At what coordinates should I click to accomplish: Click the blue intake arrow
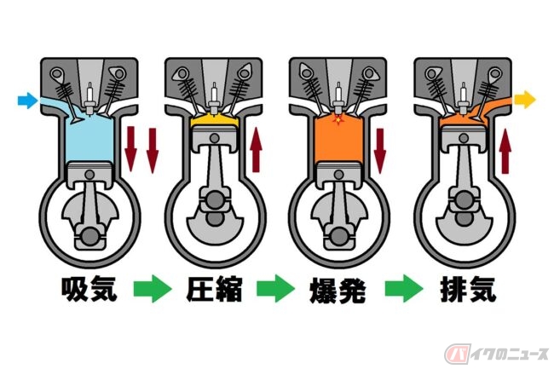pyautogui.click(x=27, y=101)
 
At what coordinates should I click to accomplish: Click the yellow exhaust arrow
pyautogui.click(x=525, y=99)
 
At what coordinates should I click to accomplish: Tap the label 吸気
pyautogui.click(x=89, y=289)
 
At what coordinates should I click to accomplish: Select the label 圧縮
pyautogui.click(x=215, y=289)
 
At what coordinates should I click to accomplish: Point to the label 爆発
pyautogui.click(x=338, y=291)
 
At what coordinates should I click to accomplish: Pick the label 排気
pyautogui.click(x=468, y=289)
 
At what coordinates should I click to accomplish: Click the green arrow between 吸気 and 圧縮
pyautogui.click(x=153, y=289)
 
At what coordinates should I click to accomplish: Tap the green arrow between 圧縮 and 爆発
pyautogui.click(x=275, y=289)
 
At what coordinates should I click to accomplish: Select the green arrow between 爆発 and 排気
pyautogui.click(x=404, y=289)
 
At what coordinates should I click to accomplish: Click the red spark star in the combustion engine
pyautogui.click(x=338, y=120)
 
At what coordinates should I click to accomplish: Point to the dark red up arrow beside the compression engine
pyautogui.click(x=257, y=150)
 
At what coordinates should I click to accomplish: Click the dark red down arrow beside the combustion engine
pyautogui.click(x=380, y=151)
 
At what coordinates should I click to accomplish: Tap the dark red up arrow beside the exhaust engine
pyautogui.click(x=505, y=151)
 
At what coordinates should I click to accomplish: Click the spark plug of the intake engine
pyautogui.click(x=90, y=99)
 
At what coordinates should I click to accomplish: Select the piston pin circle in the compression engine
pyautogui.click(x=215, y=137)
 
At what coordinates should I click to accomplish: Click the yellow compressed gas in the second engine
pyautogui.click(x=215, y=119)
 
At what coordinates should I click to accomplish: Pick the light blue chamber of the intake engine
pyautogui.click(x=89, y=140)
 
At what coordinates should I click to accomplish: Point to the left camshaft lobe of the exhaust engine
pyautogui.click(x=432, y=74)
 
